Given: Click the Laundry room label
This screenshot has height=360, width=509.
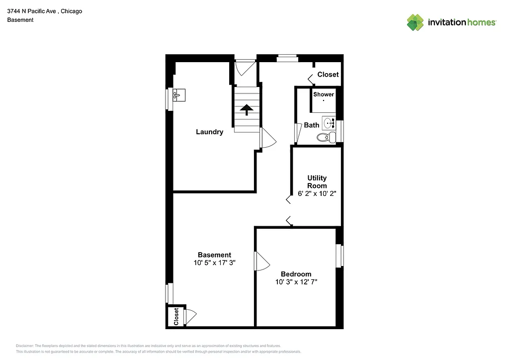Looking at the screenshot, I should pos(209,132).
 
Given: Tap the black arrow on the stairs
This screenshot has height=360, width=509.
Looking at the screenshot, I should pos(247,109).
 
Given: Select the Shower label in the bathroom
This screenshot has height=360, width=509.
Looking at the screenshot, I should pos(324,94).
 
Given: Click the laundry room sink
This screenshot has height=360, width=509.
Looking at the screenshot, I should pos(178,94).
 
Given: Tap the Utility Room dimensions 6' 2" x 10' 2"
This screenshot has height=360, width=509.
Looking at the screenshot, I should pos(317,194).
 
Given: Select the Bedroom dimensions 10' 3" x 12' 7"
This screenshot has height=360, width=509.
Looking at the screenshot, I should pos(296,282).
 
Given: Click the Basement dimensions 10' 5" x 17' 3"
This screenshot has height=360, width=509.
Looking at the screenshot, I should pos(214,263).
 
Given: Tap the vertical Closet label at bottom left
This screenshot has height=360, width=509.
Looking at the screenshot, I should pos(176,316).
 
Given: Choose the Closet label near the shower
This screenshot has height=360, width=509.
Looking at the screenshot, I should pos(328,75).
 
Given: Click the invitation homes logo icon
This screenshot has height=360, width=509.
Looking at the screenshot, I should pos(416,22).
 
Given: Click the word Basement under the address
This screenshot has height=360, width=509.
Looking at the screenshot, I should pos(20,20).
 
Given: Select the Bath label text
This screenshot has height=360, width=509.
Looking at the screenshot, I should pos(312,125).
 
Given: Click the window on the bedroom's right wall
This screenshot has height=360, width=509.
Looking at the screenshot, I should pos(339,255).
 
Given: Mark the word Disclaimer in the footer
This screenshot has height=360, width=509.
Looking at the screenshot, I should pos(25,346).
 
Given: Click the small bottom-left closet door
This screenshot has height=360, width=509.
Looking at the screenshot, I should pos(190,317).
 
